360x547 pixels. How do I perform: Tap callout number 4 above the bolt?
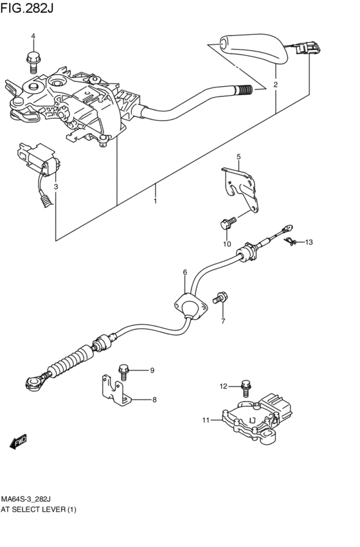(33, 36)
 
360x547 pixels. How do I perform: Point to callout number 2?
(275, 85)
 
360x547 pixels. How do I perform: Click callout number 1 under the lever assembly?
(155, 201)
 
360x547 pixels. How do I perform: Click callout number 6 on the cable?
(184, 273)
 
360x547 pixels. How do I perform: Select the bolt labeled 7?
(221, 298)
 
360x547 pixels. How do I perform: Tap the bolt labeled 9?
(124, 370)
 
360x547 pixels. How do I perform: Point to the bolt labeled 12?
(245, 387)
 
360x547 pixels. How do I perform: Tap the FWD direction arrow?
(18, 441)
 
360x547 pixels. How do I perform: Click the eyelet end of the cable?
(33, 384)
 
